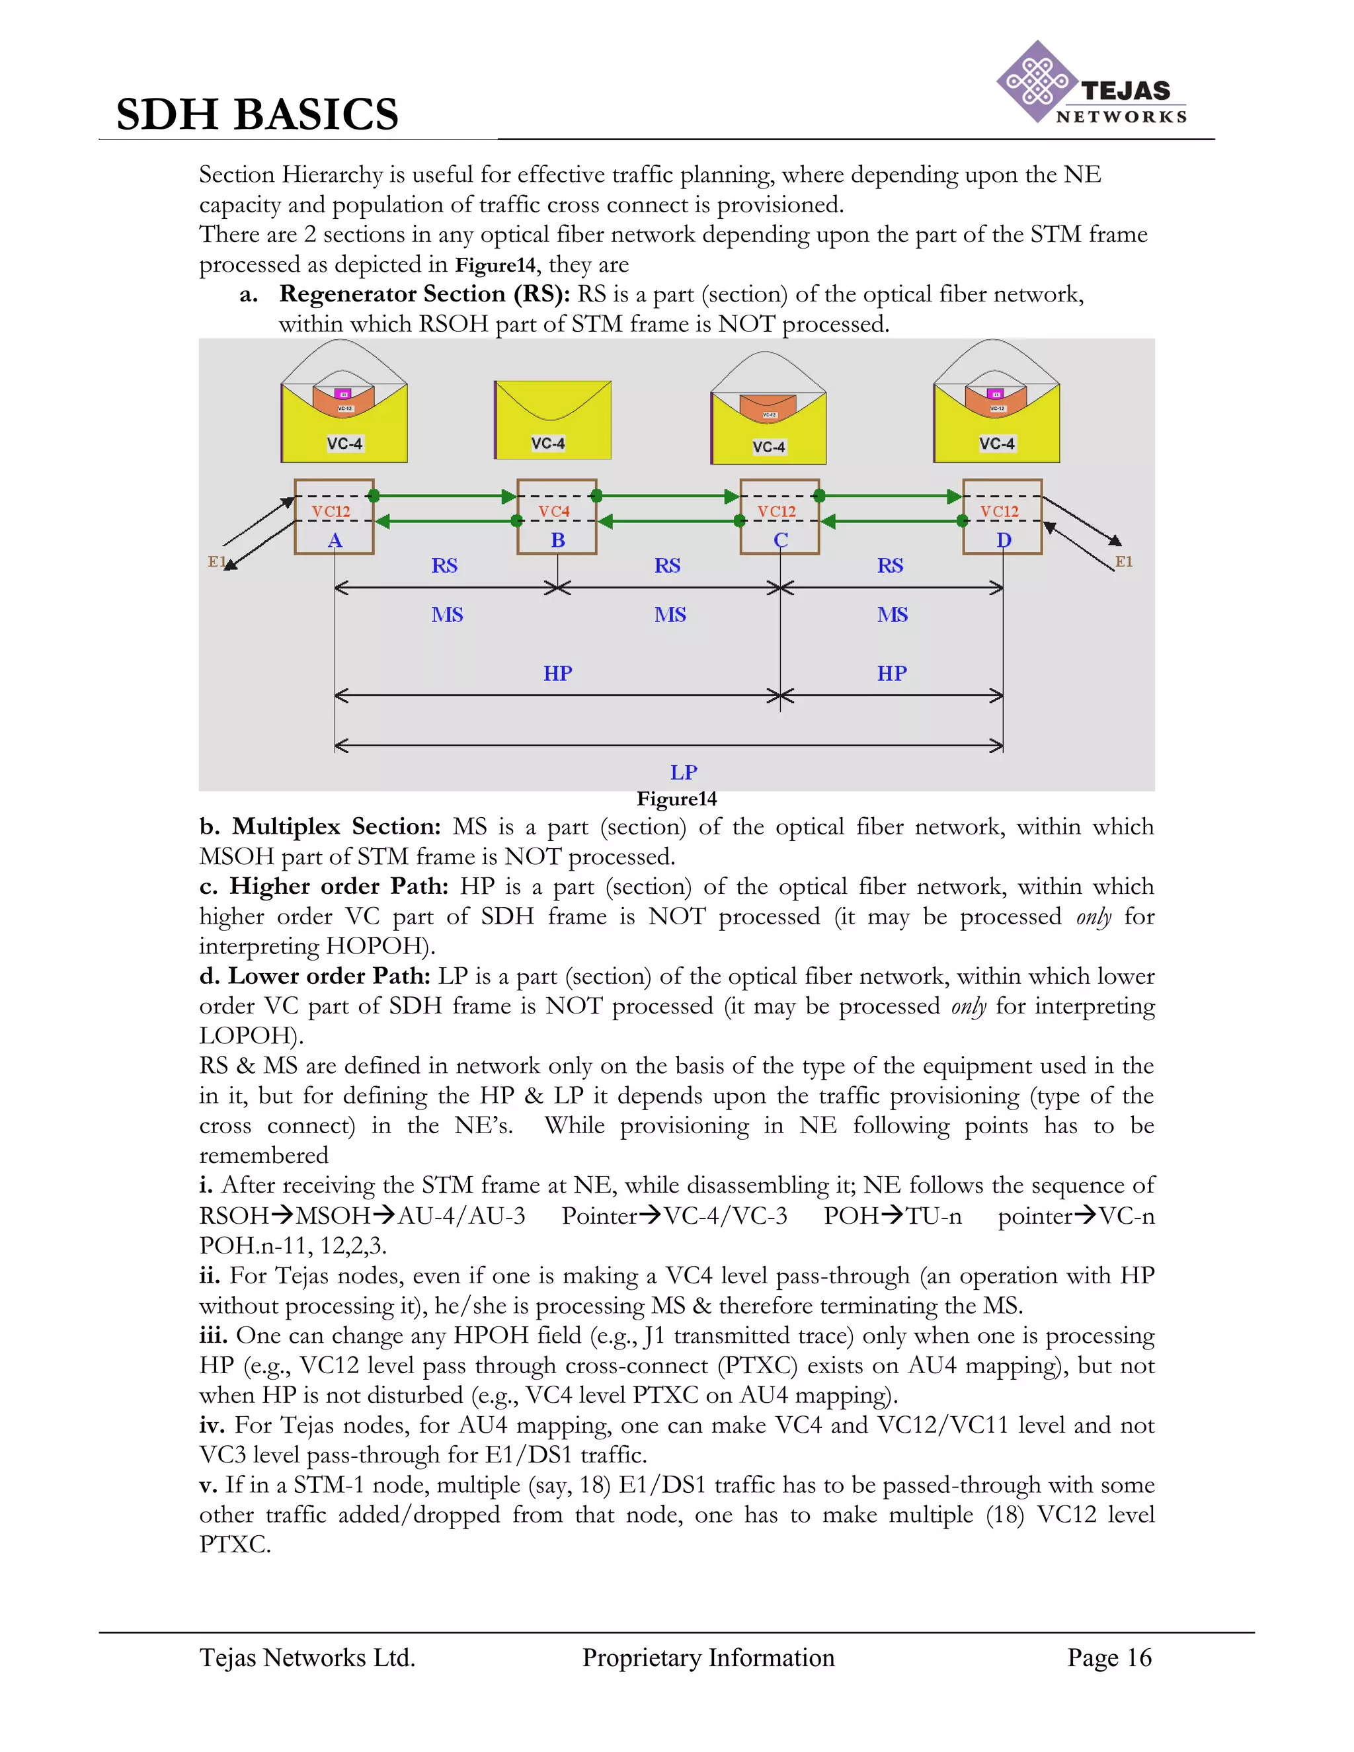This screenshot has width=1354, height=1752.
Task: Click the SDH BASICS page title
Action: (257, 114)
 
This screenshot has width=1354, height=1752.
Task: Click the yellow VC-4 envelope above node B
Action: (553, 420)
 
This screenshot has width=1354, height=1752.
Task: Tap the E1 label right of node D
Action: (1124, 561)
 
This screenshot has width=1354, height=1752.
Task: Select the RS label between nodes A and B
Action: (444, 565)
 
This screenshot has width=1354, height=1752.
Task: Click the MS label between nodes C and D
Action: (892, 614)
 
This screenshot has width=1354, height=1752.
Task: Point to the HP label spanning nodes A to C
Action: (557, 673)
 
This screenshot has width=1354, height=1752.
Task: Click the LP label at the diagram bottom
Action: (684, 772)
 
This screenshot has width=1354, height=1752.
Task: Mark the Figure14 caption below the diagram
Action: (676, 799)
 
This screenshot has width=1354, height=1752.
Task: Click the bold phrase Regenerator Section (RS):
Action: (424, 294)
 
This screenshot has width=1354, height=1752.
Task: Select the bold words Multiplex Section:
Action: (336, 826)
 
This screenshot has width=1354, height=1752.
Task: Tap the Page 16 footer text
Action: (1109, 1657)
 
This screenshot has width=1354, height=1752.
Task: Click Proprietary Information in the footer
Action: (708, 1657)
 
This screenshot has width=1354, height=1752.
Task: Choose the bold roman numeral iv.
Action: (213, 1425)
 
